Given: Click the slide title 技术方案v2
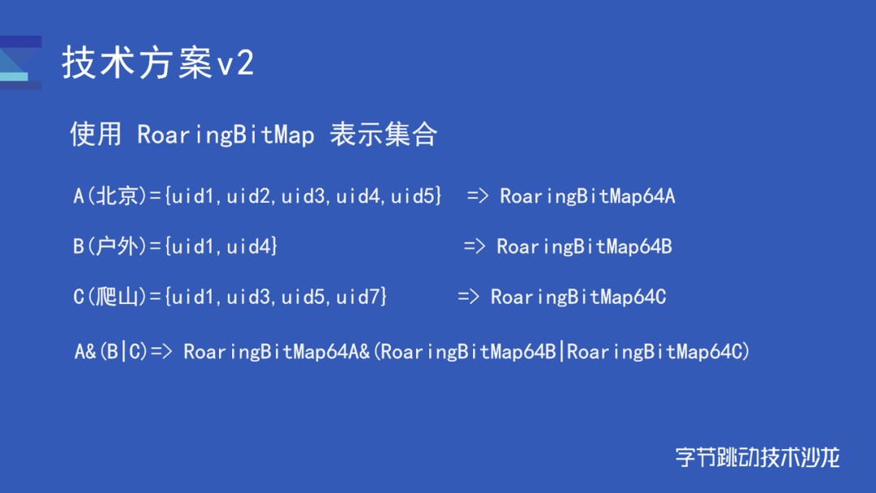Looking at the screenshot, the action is click(x=158, y=62).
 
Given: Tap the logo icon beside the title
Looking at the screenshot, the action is click(x=20, y=62).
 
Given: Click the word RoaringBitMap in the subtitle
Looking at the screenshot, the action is click(x=225, y=135).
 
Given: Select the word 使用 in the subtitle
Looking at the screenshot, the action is click(x=96, y=134).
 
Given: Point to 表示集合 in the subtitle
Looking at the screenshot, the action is click(x=383, y=134).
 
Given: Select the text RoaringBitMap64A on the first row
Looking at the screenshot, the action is click(x=587, y=196).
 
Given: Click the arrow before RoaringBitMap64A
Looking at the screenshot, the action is click(x=478, y=196).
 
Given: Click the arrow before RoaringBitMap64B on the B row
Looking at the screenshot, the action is click(x=474, y=246).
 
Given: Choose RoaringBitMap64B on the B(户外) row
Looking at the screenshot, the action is click(x=584, y=246).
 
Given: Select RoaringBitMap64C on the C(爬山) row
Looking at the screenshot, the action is click(x=578, y=297).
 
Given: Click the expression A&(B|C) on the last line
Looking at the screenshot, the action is click(x=111, y=352).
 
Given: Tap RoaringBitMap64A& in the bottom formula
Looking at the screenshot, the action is click(x=277, y=352).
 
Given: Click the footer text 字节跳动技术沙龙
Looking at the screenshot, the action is click(x=758, y=457).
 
